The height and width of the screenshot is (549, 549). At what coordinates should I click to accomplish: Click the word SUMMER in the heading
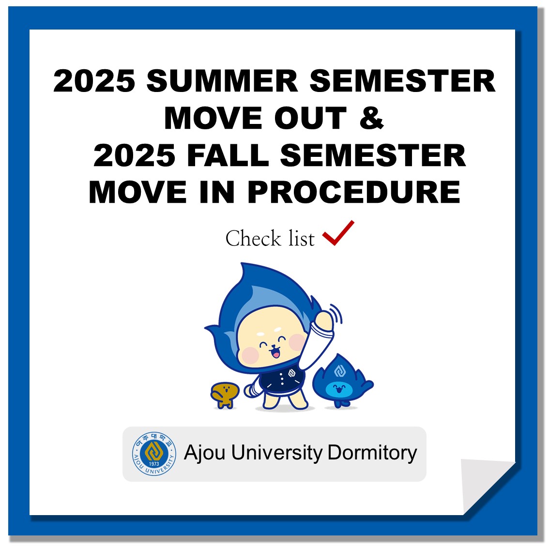[222, 81]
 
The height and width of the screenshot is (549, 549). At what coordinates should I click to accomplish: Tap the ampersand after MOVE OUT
[372, 118]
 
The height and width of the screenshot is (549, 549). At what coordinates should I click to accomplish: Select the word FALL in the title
[228, 155]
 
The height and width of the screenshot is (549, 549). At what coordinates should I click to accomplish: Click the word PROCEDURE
[354, 192]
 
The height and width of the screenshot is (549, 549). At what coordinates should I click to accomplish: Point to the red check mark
[338, 233]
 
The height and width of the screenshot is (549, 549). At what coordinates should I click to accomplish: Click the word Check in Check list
[253, 239]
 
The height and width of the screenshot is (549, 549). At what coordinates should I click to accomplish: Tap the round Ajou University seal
[154, 454]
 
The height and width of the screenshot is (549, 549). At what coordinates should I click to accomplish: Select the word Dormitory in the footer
[372, 453]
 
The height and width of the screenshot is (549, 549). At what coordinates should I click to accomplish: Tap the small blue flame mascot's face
[339, 388]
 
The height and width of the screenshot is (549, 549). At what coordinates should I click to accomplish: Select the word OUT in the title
[310, 118]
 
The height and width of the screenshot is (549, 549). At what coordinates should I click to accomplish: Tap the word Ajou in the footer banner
[204, 453]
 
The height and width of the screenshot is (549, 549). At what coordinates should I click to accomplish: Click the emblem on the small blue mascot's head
[340, 370]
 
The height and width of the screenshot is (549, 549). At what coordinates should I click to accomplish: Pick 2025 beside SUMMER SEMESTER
[94, 81]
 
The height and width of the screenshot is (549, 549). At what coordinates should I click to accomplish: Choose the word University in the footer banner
[276, 453]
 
